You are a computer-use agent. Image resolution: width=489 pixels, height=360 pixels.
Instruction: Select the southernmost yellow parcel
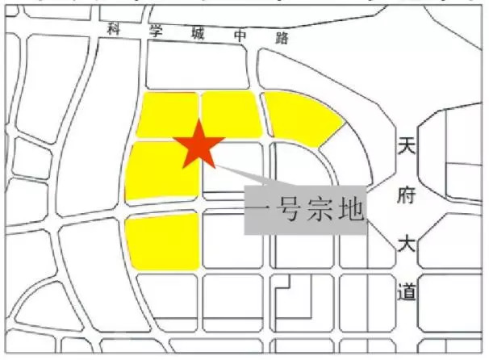[x=164, y=241]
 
